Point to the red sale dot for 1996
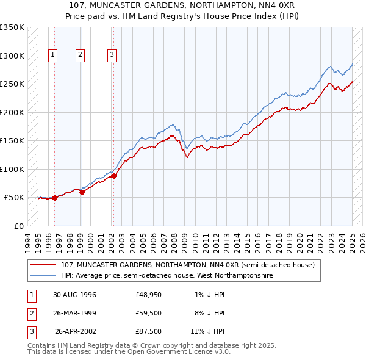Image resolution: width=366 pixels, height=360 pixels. (55, 198)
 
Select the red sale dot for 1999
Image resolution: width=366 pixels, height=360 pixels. (81, 192)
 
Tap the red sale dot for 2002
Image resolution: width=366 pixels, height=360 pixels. (113, 176)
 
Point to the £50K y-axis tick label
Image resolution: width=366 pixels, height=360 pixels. (13, 198)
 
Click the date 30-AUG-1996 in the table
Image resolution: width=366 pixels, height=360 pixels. (74, 295)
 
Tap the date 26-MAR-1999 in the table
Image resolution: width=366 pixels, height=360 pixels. (74, 314)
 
